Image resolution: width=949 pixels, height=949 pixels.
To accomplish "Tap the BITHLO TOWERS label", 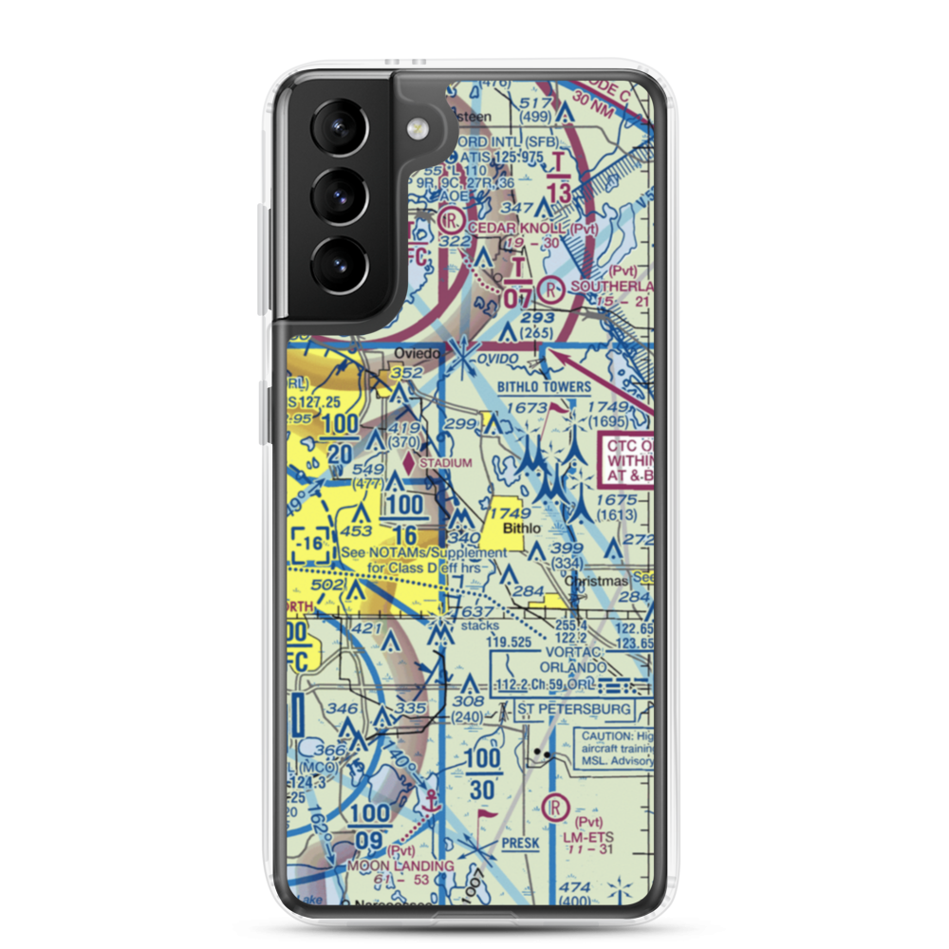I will [544, 387].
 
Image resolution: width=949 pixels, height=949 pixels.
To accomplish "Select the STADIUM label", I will [445, 463].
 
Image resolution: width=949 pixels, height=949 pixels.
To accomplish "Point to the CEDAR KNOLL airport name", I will [534, 229].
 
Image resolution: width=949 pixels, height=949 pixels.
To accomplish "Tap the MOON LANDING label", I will [386, 865].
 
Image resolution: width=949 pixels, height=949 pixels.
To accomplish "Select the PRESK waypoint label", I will [520, 842].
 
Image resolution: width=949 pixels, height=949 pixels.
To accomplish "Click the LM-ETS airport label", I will [588, 838].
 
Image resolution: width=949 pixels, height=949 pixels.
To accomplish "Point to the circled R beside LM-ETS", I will [554, 808].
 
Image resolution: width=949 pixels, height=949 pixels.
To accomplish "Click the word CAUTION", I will [608, 735].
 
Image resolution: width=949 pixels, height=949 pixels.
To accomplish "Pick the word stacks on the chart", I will [479, 626].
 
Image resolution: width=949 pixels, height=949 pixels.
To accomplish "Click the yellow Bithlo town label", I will [522, 527].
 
